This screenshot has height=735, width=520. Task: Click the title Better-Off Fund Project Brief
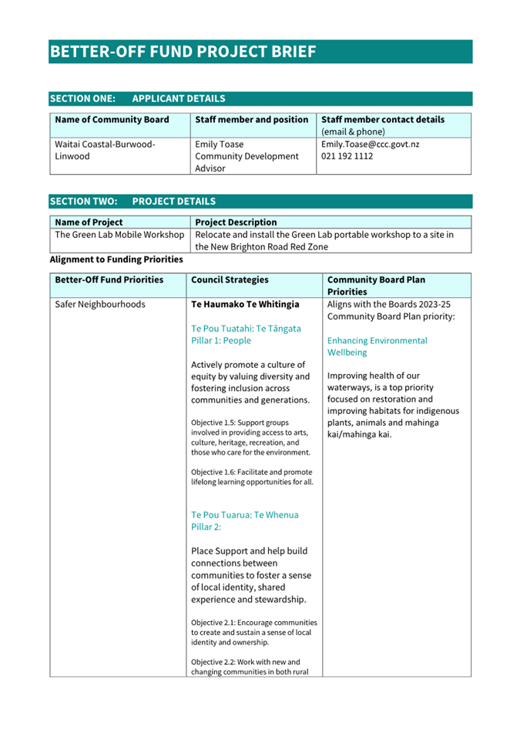pos(183,52)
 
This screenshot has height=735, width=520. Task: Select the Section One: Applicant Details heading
pos(137,99)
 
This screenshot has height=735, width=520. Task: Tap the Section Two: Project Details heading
pos(133,202)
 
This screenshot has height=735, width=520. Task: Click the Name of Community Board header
pos(112,120)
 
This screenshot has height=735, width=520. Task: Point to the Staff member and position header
pos(252,120)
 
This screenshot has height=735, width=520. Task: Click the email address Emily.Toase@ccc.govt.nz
pos(370,144)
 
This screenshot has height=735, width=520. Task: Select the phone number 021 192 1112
pos(347,156)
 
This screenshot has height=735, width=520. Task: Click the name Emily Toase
pos(220,144)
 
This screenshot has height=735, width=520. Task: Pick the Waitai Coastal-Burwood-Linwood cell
pos(105,150)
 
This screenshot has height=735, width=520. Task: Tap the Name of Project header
pos(89,222)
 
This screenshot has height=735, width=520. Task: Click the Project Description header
pos(236,222)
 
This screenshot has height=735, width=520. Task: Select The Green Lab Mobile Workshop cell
pos(119,235)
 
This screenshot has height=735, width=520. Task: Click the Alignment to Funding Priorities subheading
pos(116,259)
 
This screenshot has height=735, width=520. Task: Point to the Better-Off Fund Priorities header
pos(109,280)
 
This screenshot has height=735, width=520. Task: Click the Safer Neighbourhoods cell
pos(100,304)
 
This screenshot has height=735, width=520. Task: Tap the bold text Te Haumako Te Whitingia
pos(245,304)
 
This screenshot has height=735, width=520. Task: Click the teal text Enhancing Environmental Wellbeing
pos(377,346)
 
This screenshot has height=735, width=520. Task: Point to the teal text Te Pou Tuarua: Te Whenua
pos(244,514)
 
